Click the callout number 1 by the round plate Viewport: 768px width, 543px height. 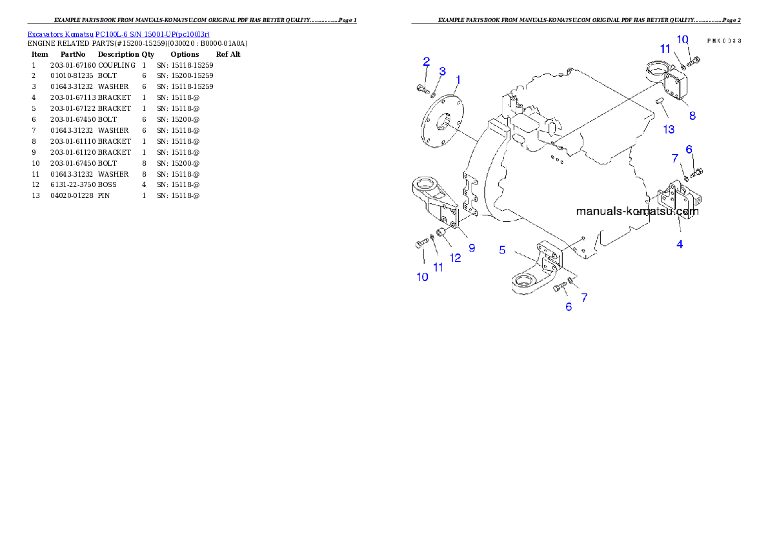point(458,80)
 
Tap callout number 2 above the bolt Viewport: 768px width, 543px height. point(426,61)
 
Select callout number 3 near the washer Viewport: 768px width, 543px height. point(442,70)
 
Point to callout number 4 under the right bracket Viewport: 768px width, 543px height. point(680,244)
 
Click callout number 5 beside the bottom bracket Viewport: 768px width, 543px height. point(502,250)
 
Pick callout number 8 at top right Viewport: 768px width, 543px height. point(692,115)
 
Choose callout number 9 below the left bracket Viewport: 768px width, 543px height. point(472,248)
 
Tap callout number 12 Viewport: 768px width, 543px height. point(455,257)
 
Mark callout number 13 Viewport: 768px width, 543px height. point(669,130)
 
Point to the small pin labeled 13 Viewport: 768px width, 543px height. point(658,101)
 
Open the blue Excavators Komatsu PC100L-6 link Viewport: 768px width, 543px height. point(118,34)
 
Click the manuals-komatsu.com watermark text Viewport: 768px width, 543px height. point(636,211)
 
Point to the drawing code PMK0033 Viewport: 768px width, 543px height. point(723,40)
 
